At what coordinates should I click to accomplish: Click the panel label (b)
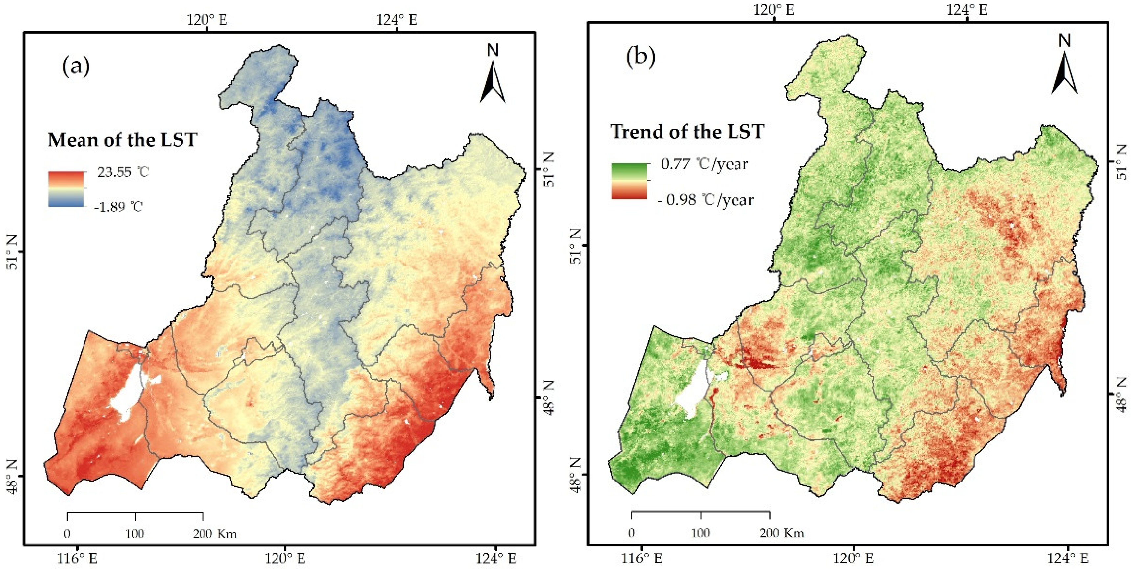pos(641,57)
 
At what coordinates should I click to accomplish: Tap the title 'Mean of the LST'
pos(122,140)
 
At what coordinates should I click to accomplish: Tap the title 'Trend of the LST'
pos(687,132)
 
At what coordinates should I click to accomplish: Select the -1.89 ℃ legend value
pos(119,206)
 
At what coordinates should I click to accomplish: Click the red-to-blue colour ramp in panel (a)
pos(66,189)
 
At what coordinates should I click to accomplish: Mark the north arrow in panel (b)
pos(1064,66)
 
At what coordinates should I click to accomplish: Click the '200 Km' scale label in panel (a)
pos(214,534)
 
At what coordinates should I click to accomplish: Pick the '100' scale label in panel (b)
pos(700,533)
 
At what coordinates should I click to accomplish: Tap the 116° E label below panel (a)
pos(77,558)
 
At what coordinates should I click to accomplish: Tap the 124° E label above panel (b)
pos(967,10)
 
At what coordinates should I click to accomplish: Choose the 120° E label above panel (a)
pos(207,20)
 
